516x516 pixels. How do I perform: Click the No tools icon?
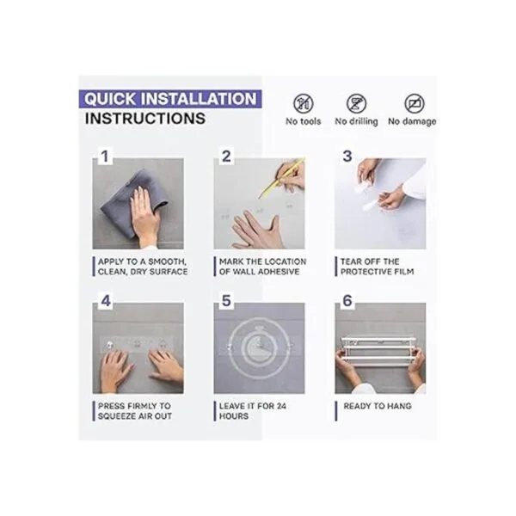[x=303, y=103]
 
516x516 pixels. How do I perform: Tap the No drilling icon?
[x=356, y=103]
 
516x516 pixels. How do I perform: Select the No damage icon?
[x=415, y=103]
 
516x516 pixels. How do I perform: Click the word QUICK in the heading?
[x=110, y=99]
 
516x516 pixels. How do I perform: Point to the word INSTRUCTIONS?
[x=145, y=119]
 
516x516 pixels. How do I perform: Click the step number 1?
[x=105, y=157]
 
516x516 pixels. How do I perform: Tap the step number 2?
[x=226, y=157]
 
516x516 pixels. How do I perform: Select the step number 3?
[x=347, y=157]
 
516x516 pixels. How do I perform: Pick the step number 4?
[x=106, y=301]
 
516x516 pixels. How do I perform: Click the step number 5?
[x=226, y=301]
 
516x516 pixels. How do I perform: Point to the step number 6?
[x=347, y=301]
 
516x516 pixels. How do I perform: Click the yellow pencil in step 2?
[x=281, y=178]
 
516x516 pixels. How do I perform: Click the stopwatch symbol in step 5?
[x=260, y=347]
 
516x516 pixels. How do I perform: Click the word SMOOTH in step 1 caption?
[x=167, y=262]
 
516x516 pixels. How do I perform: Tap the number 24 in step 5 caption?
[x=280, y=406]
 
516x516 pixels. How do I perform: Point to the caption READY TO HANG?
[x=378, y=406]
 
